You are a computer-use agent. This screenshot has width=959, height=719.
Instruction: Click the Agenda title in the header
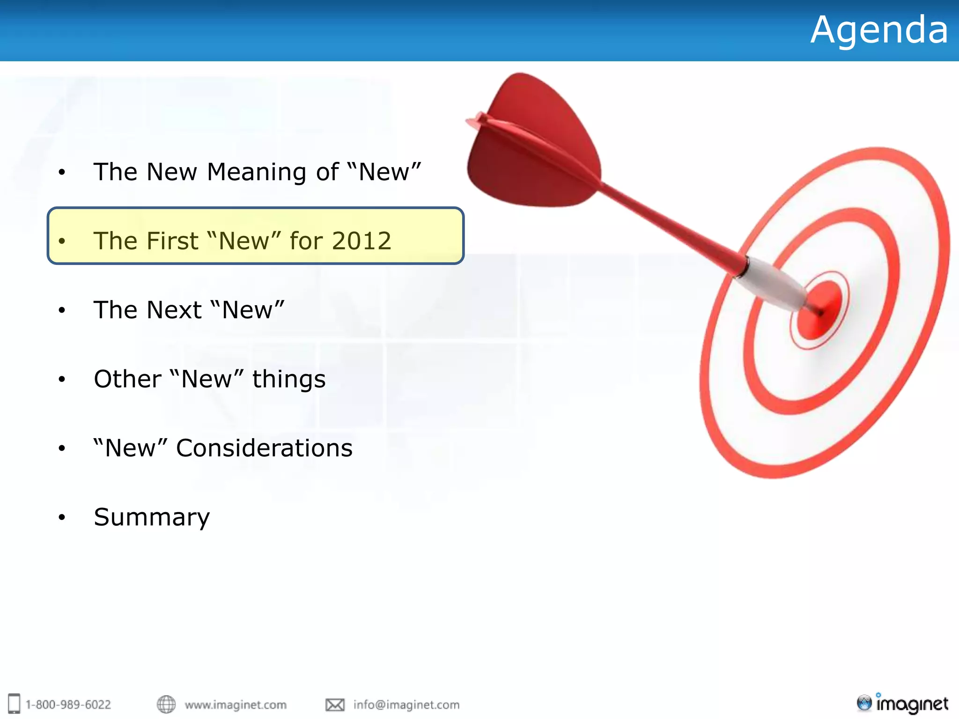(x=879, y=30)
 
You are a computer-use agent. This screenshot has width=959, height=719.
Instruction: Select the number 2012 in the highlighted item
(x=361, y=241)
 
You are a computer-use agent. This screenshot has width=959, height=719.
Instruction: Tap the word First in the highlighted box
(x=172, y=241)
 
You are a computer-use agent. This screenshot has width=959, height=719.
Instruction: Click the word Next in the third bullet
(x=174, y=310)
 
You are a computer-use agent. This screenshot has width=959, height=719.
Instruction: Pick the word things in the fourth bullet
(x=289, y=379)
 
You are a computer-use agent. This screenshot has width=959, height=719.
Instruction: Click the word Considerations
(x=264, y=448)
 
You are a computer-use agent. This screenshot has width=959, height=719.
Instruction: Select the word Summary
(x=152, y=517)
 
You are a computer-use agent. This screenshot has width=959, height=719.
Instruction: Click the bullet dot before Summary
(x=62, y=518)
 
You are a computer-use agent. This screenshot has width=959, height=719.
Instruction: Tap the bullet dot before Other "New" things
(x=62, y=380)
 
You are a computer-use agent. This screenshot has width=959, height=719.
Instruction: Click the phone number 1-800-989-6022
(x=68, y=704)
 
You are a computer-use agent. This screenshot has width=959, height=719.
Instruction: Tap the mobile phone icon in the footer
(x=15, y=704)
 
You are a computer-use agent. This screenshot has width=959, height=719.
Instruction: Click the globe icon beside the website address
(x=166, y=704)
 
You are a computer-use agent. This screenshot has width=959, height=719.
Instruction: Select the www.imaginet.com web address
(x=236, y=704)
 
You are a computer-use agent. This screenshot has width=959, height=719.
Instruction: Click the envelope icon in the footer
(x=335, y=704)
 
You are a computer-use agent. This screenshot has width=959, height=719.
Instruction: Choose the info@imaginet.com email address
(x=406, y=704)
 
